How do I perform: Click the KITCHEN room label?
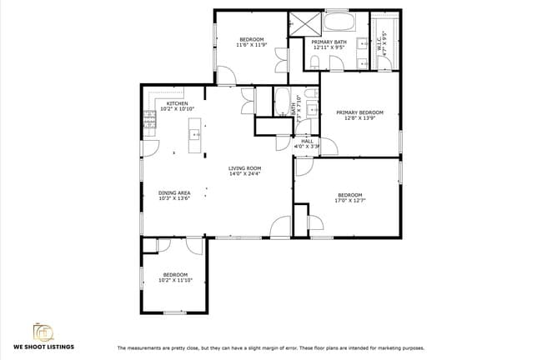[x=177, y=103]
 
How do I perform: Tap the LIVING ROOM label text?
[x=245, y=168]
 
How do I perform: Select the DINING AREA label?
[x=174, y=192]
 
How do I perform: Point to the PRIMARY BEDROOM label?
[x=359, y=112]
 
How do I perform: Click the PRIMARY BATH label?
[x=328, y=42]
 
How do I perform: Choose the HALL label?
[x=307, y=142]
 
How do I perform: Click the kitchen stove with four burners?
[x=148, y=122]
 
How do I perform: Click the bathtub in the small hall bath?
[x=281, y=102]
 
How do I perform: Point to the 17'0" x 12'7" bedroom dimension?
[x=349, y=201]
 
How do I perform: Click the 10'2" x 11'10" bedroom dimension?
[x=175, y=281]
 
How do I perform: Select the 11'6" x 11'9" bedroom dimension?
[x=252, y=46]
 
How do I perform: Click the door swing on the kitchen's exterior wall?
[x=149, y=148]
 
